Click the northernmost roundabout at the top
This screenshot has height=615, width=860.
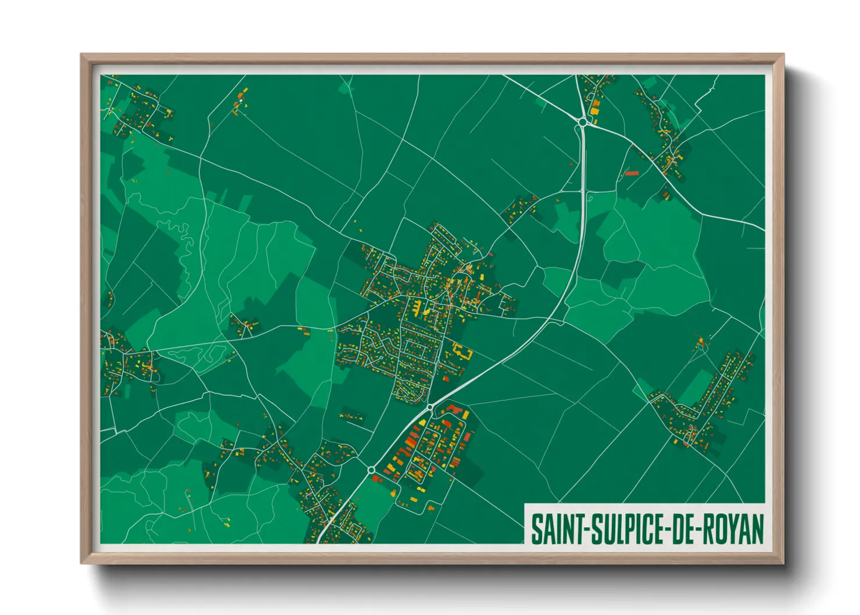point(583,121)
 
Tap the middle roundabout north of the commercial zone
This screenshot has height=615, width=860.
point(430,407)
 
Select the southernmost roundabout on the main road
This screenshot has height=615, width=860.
point(371,470)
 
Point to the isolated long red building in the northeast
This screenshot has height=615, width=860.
point(632,173)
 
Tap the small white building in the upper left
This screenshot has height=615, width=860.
point(238,103)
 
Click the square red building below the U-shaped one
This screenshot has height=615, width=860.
point(446,378)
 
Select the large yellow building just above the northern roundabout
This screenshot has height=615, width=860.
point(594,108)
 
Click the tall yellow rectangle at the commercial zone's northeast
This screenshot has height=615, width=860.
point(466,415)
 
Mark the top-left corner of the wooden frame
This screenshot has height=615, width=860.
point(81,55)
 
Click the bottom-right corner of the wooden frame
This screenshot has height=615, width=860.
point(783,563)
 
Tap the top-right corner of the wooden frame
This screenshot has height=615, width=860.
point(783,55)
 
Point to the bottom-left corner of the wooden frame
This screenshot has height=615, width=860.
point(81,563)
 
